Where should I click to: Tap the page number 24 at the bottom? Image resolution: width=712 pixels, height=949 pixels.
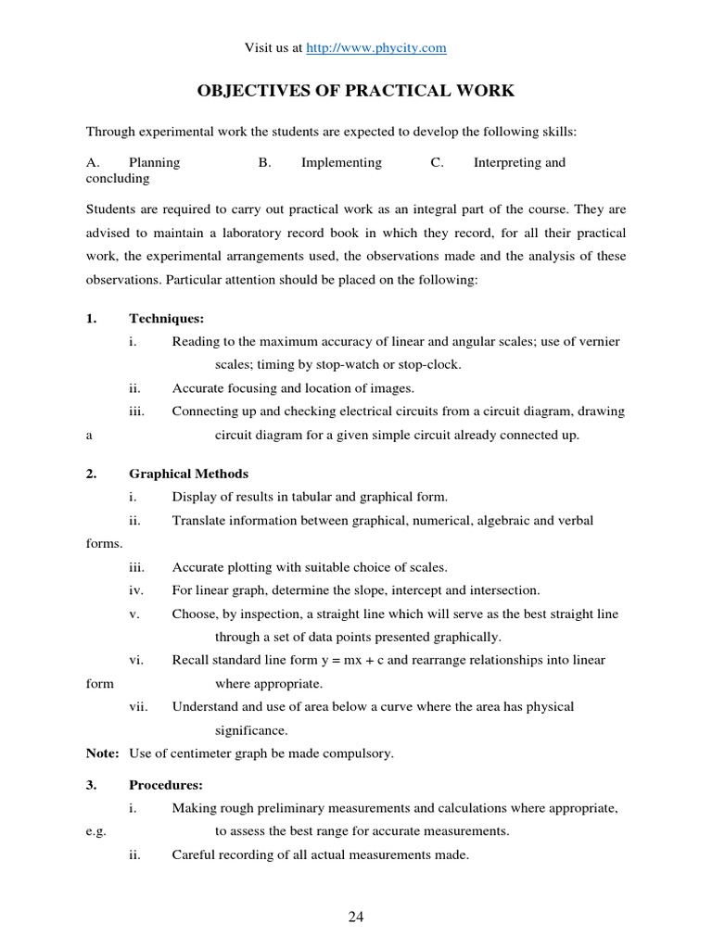pos(356,917)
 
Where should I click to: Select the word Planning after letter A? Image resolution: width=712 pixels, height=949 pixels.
pos(155,162)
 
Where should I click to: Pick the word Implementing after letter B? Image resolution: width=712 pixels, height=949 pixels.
pos(341,162)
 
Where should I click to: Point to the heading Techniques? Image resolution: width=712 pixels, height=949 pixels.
pos(166,319)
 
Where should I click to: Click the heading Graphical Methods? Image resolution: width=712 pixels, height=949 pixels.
pos(188,474)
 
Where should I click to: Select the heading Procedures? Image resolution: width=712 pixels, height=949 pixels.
pos(166,785)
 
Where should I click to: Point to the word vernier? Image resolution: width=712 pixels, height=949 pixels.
pos(598,342)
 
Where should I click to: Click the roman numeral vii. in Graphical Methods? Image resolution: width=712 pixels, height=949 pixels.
pos(138,707)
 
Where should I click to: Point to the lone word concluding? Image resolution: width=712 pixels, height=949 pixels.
pos(118,178)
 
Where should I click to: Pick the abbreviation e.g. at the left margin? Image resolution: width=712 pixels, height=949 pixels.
pos(97,831)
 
